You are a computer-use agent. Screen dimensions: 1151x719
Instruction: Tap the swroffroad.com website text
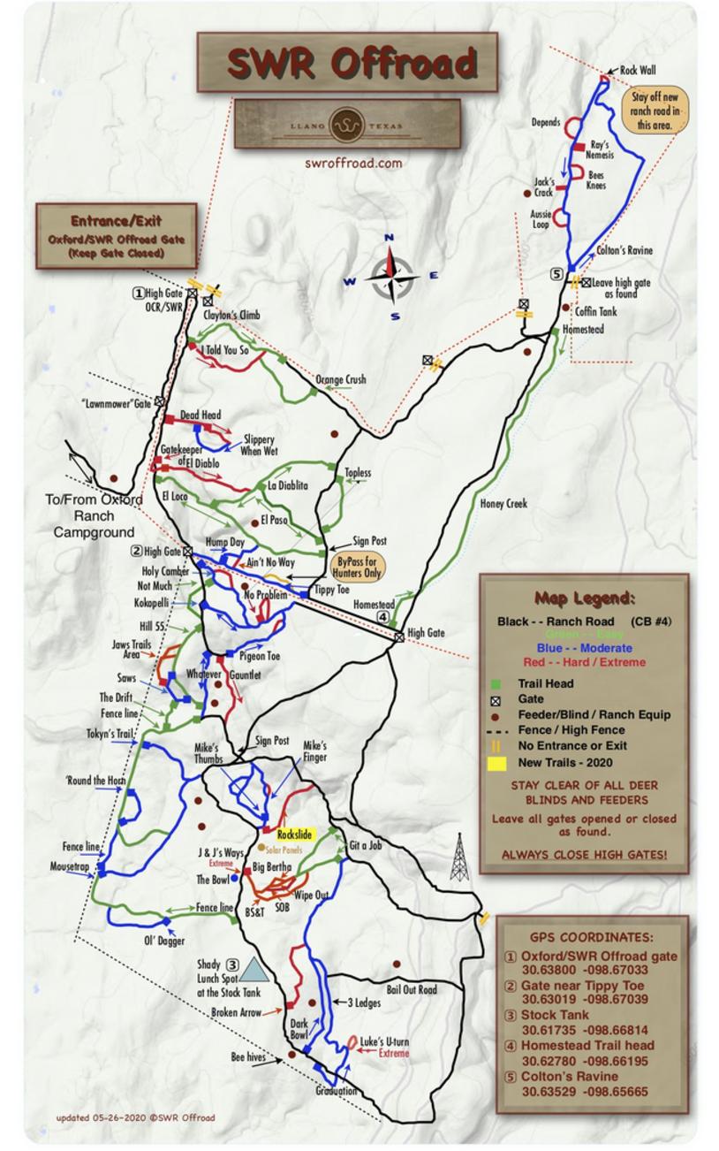click(x=353, y=163)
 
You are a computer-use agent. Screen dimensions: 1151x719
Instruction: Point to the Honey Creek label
click(x=503, y=504)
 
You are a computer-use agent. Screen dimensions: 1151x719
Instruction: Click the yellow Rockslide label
click(x=294, y=834)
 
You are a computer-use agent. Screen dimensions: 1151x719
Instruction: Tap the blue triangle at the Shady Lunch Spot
click(x=254, y=970)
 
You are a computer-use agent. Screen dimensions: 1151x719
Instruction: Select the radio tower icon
click(x=458, y=857)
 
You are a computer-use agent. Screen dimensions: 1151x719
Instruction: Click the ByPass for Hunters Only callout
click(x=359, y=566)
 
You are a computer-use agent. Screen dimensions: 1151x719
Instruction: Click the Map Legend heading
click(x=583, y=598)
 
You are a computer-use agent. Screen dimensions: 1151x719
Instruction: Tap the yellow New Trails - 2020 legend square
click(x=499, y=762)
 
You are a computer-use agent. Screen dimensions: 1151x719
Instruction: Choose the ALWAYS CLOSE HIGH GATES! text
click(x=584, y=855)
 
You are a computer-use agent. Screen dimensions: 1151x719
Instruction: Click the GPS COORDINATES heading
click(x=592, y=937)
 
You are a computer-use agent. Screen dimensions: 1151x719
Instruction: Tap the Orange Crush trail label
click(x=341, y=380)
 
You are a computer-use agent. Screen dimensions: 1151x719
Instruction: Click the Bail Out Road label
click(x=412, y=989)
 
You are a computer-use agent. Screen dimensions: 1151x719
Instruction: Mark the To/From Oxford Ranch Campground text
click(x=94, y=516)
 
